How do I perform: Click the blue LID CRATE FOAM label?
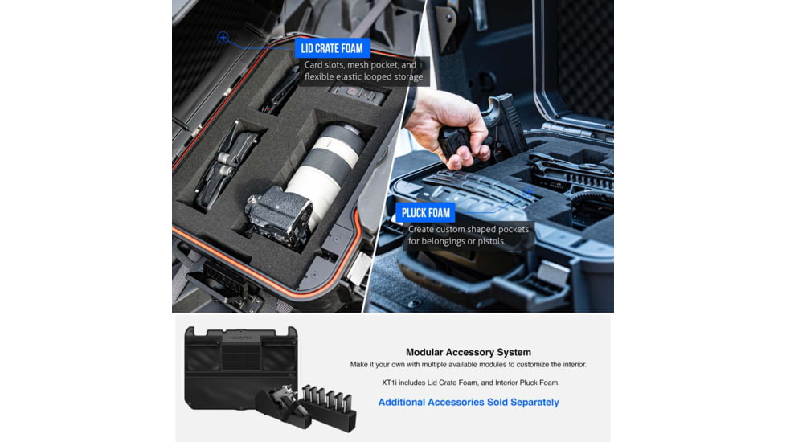[x=332, y=48]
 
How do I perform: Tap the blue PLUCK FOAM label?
[x=426, y=212]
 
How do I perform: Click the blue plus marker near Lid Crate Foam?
[x=223, y=37]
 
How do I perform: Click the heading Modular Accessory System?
[x=469, y=352]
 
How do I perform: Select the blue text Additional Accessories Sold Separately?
[x=469, y=403]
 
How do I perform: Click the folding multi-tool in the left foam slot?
[x=224, y=165]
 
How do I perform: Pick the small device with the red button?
[x=358, y=94]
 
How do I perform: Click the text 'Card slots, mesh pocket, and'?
[x=360, y=64]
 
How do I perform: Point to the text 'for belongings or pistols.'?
[x=456, y=241]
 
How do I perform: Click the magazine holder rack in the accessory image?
[x=329, y=407]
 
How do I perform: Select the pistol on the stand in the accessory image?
[x=284, y=402]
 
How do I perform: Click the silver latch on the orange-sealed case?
[x=359, y=268]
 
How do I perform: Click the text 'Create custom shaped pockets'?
[x=469, y=229]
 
